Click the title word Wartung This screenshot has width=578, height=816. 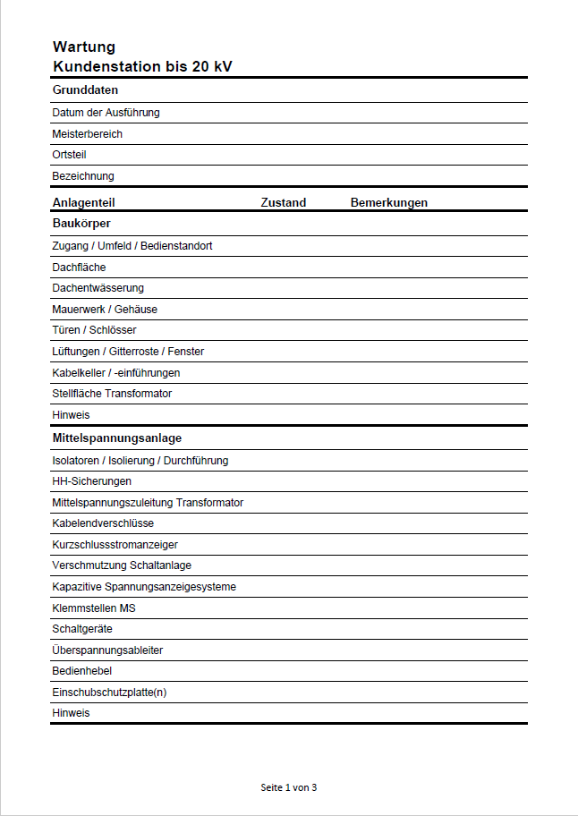point(84,47)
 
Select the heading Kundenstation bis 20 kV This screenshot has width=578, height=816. point(142,67)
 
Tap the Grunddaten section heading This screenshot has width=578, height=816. point(86,90)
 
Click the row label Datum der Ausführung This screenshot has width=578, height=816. point(106,113)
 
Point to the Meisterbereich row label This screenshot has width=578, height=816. point(88,134)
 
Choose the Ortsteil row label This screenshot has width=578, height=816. point(70,155)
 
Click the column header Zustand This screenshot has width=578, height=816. point(284,203)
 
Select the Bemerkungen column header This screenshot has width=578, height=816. point(389,203)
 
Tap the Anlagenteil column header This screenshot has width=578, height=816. point(84,203)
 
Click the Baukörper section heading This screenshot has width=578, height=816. point(81,224)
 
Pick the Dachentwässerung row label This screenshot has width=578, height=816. point(98,288)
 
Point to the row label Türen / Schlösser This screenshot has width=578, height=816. point(95,330)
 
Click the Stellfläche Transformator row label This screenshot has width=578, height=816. point(113,394)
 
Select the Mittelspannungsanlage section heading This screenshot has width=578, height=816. point(117,438)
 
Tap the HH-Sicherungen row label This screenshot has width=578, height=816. point(92,481)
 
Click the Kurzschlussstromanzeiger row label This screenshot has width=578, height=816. point(115,545)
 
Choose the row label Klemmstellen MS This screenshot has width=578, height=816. point(94,608)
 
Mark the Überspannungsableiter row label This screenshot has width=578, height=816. point(108,650)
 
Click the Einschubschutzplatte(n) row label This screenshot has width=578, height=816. point(109,693)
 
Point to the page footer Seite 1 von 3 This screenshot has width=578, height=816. point(289,787)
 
